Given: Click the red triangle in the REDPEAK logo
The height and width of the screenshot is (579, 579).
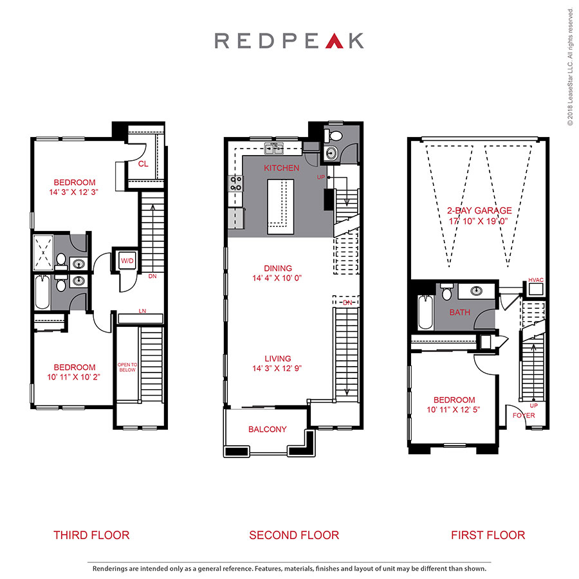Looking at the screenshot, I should coord(332,41).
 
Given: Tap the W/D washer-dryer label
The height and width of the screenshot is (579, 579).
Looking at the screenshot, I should coord(127,260).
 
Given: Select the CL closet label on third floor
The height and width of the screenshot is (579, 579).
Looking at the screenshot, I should coord(143,164).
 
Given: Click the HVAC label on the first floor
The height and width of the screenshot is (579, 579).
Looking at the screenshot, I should coord(535,280).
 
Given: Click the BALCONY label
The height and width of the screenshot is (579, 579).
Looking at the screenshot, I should coord(268,429).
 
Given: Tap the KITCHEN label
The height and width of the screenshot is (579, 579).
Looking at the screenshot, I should coord(282,168).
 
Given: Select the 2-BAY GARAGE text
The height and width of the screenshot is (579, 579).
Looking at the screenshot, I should coord(479,210).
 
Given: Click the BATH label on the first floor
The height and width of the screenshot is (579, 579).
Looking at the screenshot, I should coord(460,313).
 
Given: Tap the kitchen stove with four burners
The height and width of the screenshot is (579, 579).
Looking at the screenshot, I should coord(235,183).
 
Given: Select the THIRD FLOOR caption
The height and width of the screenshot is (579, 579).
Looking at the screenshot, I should coord(91,535).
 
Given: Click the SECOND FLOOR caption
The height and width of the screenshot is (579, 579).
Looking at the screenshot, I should coord(294,535).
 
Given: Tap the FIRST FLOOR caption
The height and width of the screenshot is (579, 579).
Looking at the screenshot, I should coord(488,535).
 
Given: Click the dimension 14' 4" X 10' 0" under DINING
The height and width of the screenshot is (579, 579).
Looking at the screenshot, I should coord(278,279).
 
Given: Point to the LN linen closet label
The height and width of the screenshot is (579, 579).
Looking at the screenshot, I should coord(142,311).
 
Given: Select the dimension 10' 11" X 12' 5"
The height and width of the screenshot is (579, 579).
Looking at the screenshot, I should coord(454,410).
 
